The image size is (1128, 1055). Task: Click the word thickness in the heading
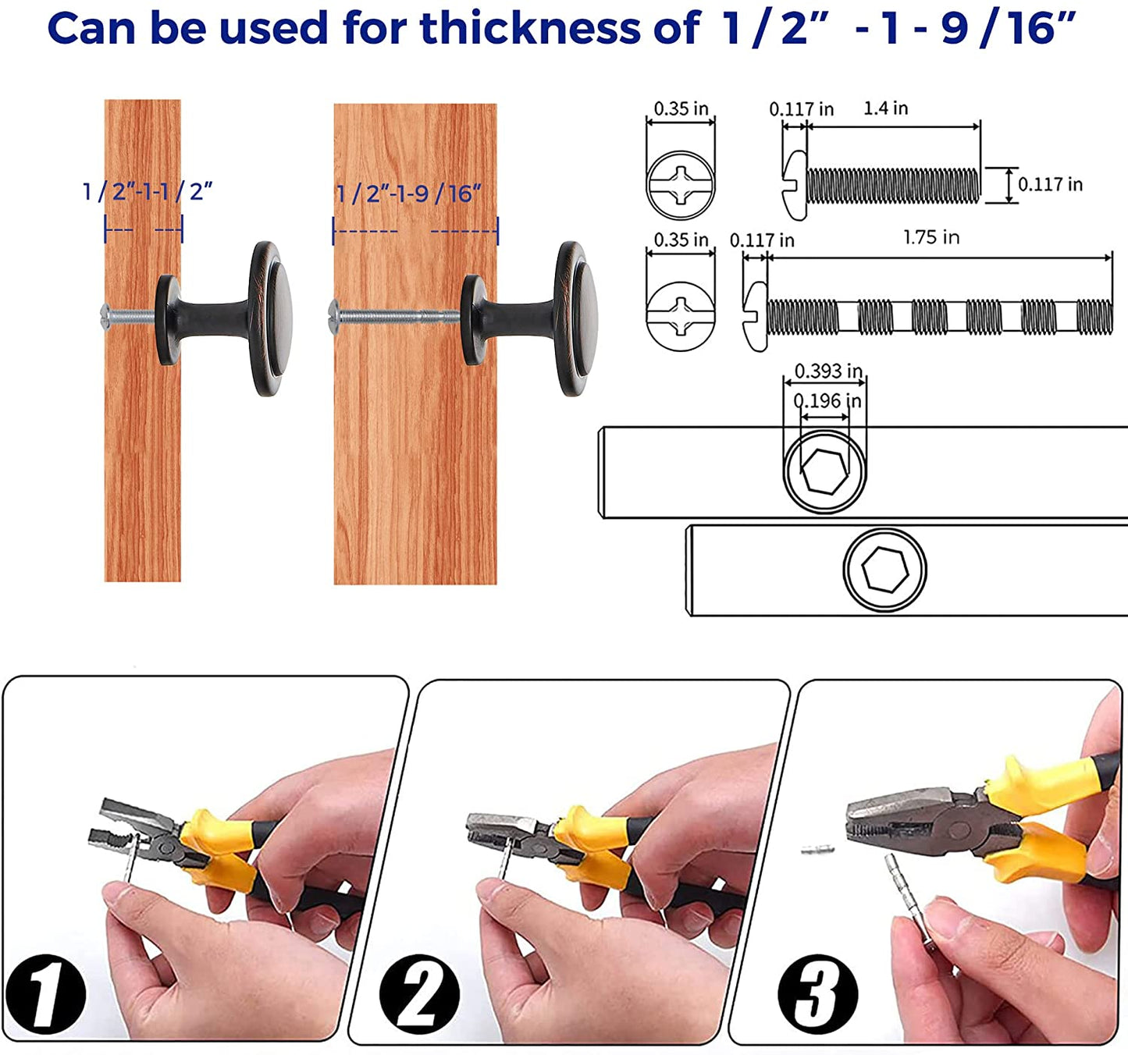point(531,28)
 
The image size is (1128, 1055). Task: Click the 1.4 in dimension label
point(885,108)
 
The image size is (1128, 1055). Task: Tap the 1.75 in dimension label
point(931,237)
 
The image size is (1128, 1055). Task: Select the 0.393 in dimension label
point(828,371)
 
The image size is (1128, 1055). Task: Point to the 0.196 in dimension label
point(827,401)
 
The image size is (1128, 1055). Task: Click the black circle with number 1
point(45,993)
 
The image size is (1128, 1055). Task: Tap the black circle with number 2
point(419,993)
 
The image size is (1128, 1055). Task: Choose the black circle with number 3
point(818,993)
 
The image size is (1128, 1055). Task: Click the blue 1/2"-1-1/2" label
point(148,191)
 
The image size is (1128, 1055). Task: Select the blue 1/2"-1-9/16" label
point(409,194)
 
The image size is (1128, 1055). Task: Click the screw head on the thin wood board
point(105,317)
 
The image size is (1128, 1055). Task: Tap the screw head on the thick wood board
point(334,317)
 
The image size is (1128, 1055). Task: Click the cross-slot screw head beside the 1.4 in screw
point(681,185)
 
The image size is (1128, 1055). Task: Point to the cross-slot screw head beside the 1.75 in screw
point(681,316)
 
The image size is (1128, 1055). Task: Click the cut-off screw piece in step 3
point(817,850)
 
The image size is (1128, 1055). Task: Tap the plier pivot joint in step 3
point(958,831)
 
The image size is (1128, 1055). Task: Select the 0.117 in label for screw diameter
point(1050,184)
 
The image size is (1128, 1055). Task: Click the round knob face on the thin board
point(272,318)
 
